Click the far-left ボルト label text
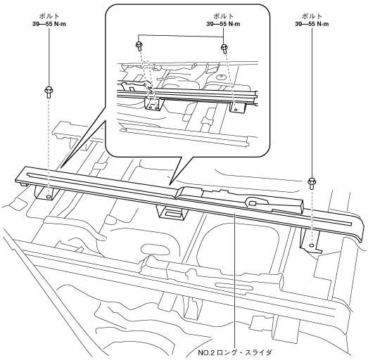point(49,16)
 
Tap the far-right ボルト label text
point(312,16)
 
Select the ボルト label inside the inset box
point(224,16)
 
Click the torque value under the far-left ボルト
point(49,24)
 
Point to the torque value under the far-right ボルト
point(312,24)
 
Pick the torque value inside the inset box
point(224,24)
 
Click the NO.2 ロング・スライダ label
point(236,352)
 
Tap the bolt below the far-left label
point(49,92)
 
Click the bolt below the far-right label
point(312,184)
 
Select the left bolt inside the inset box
point(139,46)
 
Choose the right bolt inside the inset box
point(224,49)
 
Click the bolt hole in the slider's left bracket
point(49,197)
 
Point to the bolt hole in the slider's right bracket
point(312,245)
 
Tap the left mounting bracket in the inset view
point(153,104)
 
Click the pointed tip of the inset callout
point(171,184)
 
